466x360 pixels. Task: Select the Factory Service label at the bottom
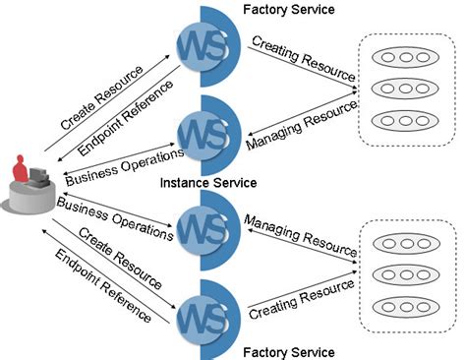[288, 351]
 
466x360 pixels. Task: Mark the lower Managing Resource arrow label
[298, 232]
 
